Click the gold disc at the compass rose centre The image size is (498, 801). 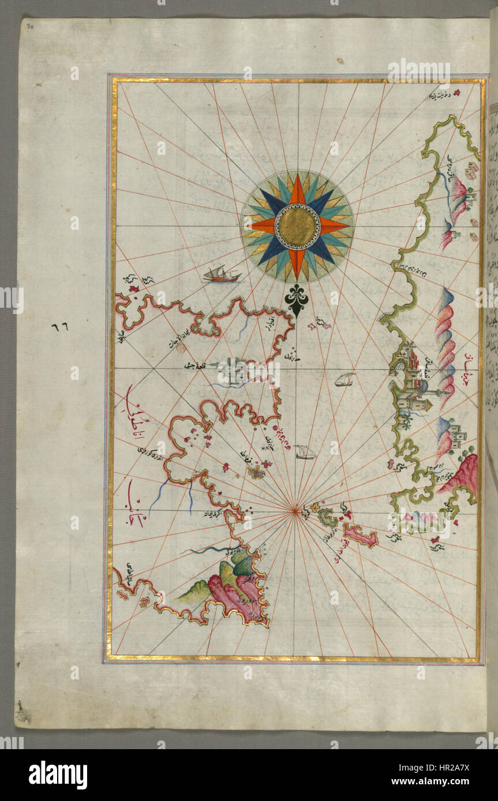297,226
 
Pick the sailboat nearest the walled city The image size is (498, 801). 345,379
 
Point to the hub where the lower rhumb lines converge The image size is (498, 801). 295,509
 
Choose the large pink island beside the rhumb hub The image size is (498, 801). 360,534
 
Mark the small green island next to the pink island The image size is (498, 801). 328,517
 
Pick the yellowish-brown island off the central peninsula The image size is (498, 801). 256,472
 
